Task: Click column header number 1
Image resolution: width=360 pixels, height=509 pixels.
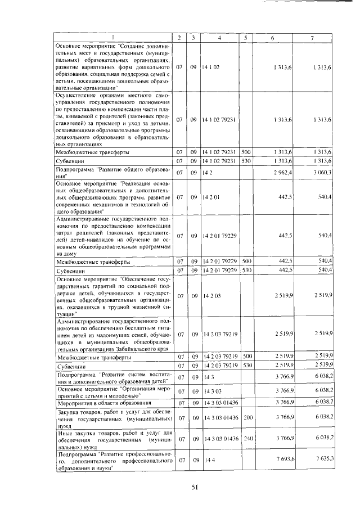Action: coord(112,38)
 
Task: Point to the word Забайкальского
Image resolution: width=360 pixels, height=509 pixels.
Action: coord(134,348)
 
